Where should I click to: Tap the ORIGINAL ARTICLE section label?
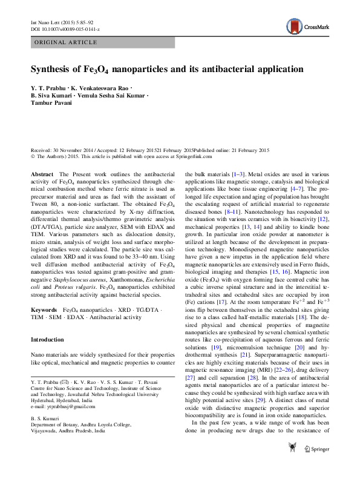(66, 42)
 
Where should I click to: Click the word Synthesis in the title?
(53, 70)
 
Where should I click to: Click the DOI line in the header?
(65, 29)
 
